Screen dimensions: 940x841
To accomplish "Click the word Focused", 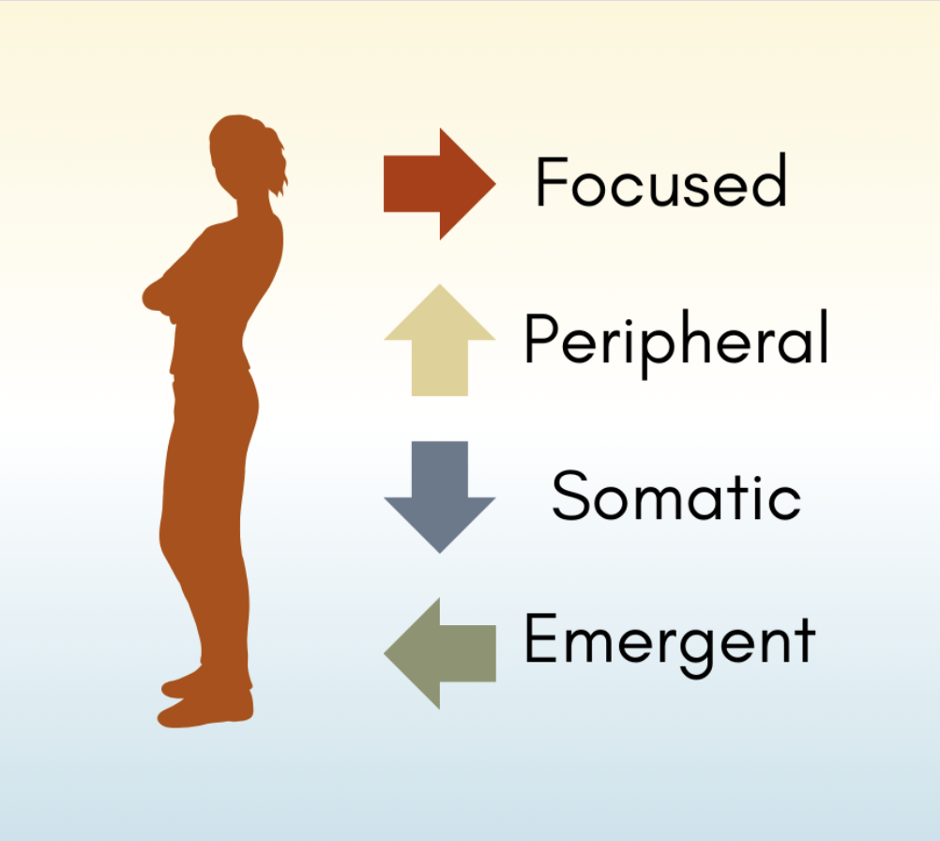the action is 660,182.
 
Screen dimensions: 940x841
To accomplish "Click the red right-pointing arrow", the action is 438,184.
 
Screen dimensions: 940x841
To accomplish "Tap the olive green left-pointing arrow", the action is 439,652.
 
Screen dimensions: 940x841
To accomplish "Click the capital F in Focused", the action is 551,182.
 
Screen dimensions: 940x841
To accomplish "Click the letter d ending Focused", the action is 770,180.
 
